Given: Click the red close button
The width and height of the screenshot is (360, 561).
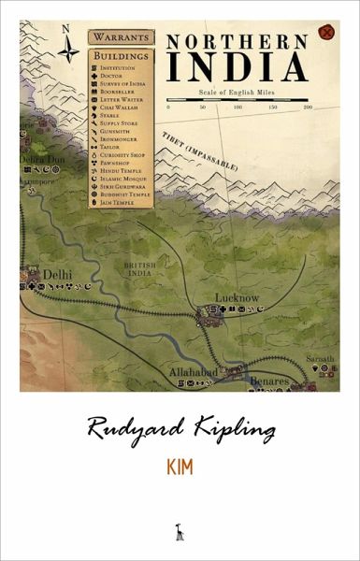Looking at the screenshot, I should tap(325, 33).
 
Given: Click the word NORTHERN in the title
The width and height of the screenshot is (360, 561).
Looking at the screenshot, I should tap(237, 42).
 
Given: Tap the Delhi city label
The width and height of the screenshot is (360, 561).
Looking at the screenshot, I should tap(57, 274).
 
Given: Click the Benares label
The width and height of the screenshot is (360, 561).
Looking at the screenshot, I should tap(269, 381).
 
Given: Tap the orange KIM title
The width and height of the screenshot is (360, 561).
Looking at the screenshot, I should tap(180, 467).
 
